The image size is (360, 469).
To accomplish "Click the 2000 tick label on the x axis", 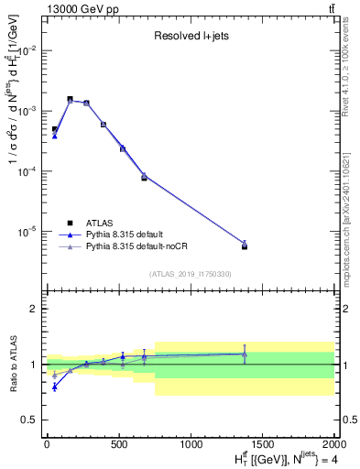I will click(333, 444).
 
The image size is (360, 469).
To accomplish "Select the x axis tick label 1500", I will click(263, 444).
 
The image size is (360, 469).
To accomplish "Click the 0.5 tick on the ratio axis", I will click(33, 420).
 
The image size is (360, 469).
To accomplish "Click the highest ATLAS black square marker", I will click(70, 99).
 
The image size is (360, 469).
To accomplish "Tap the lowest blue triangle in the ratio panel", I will click(55, 387).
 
